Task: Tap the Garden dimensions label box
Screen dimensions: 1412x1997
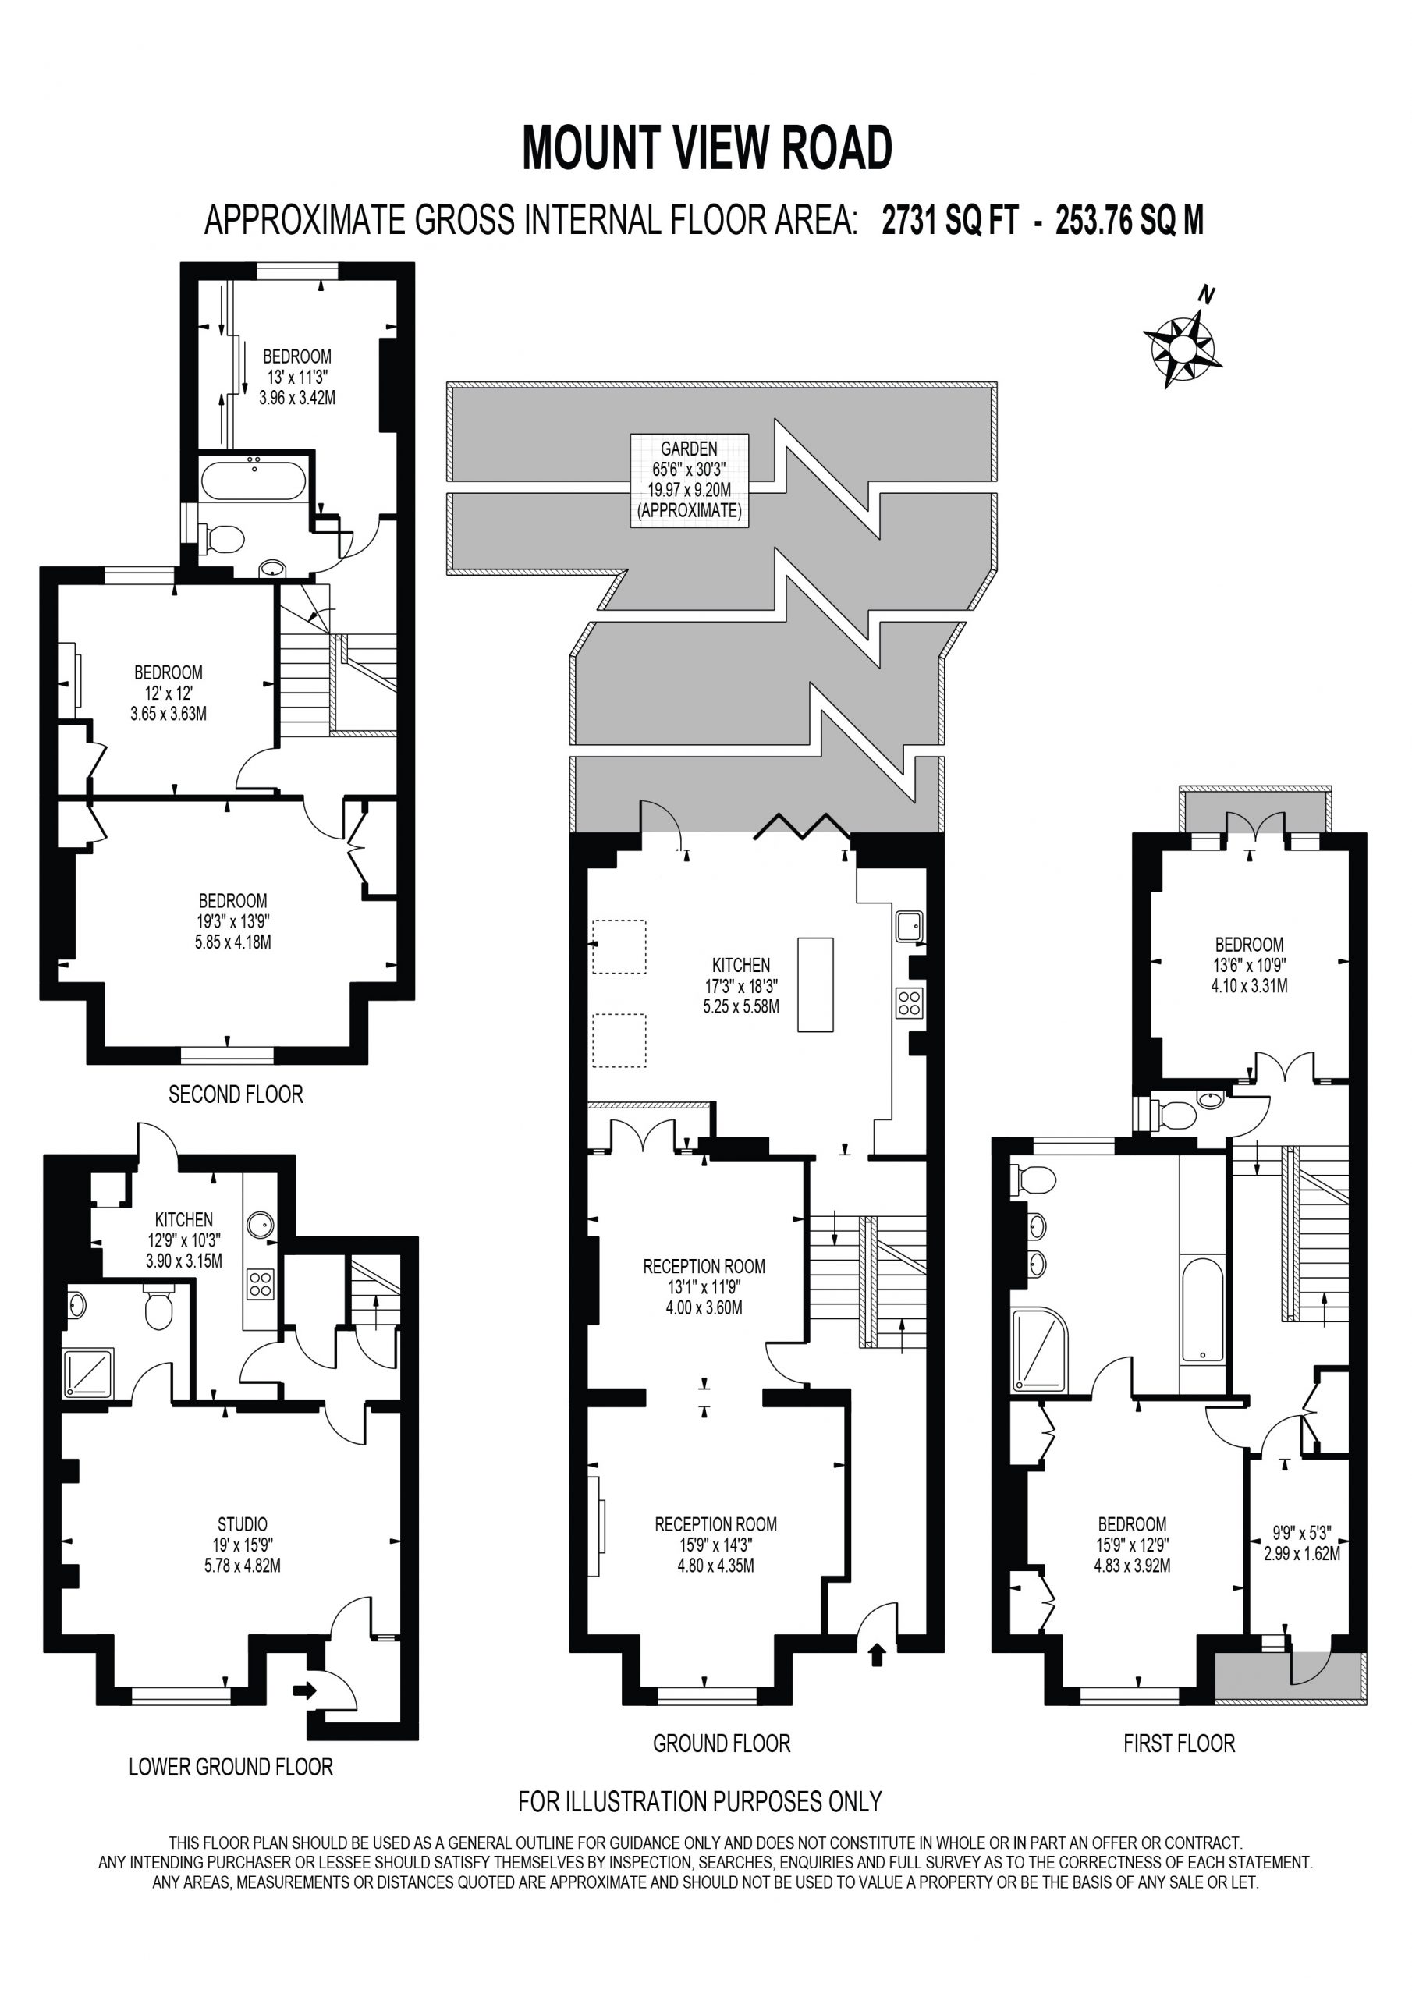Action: coord(689,480)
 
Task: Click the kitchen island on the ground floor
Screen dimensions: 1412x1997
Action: coord(815,984)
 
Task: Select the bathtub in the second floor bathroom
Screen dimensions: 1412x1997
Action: coord(254,479)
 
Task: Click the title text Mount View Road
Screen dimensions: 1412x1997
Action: coord(707,148)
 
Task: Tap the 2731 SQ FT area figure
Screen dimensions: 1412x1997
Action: coord(949,221)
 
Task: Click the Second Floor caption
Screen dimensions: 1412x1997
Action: coord(236,1094)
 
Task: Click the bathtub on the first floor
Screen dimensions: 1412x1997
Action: coord(1201,1308)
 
